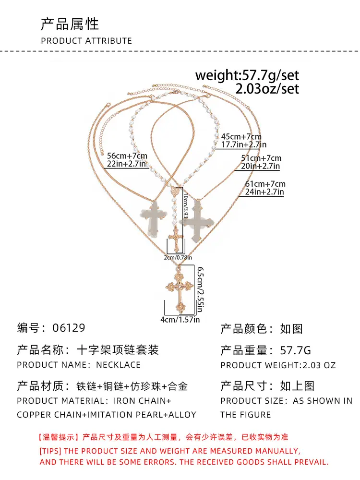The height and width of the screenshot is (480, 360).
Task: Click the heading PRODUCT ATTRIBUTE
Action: tap(86, 41)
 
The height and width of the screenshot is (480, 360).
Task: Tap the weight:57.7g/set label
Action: tap(247, 75)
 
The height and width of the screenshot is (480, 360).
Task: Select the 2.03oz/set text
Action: tap(267, 89)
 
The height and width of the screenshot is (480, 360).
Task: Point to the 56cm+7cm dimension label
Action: tap(127, 156)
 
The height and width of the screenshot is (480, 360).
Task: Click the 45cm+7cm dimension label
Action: tap(241, 136)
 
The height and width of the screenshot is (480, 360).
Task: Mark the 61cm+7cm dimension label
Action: tap(265, 184)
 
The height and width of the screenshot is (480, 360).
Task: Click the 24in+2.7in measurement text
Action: tap(264, 192)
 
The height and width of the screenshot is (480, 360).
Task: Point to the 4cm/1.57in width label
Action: tap(180, 319)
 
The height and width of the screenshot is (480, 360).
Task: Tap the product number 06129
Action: tap(67, 328)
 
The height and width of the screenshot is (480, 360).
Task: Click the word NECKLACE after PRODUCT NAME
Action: tap(118, 365)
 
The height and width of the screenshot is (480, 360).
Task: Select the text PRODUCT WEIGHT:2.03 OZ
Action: tap(278, 365)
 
